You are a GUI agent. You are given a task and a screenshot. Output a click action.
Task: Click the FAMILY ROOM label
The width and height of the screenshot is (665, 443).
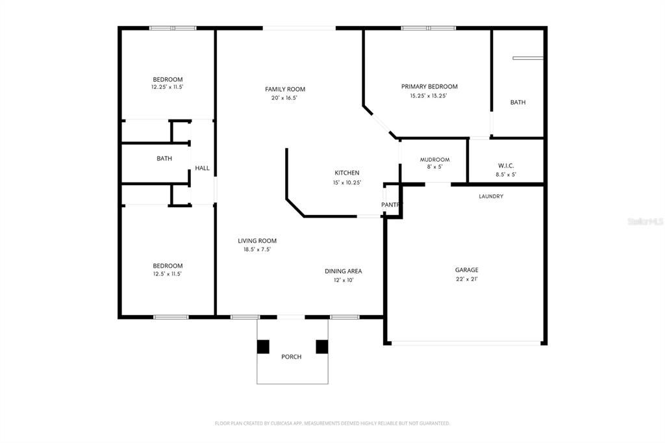tap(284, 89)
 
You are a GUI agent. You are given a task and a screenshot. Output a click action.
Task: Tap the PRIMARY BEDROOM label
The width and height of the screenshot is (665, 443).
tap(429, 86)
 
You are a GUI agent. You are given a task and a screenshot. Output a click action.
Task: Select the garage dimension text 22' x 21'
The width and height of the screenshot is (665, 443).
tap(466, 279)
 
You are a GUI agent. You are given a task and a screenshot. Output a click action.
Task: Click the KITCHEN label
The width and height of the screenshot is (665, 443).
tap(347, 173)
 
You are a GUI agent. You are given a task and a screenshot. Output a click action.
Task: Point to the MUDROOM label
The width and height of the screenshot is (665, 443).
tap(434, 160)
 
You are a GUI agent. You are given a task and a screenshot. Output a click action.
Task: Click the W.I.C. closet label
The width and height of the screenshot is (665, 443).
tap(506, 165)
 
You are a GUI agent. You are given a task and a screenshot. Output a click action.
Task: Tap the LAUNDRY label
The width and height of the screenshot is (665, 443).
tap(491, 196)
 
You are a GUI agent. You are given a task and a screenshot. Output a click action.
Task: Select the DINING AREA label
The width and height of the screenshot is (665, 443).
tap(343, 271)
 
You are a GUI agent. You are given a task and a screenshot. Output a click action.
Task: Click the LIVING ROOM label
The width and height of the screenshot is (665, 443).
tap(257, 240)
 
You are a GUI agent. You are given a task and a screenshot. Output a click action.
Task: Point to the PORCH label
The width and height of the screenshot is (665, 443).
tap(291, 357)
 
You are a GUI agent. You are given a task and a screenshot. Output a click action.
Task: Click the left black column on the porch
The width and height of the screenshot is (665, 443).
tap(263, 347)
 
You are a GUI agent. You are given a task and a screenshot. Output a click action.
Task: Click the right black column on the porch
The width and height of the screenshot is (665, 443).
tap(321, 347)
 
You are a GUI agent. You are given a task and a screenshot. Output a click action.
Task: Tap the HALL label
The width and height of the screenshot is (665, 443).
tap(203, 168)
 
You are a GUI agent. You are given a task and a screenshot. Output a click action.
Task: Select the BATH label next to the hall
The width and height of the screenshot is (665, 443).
tap(164, 158)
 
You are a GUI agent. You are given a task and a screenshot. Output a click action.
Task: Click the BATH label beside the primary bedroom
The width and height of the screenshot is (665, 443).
tap(518, 102)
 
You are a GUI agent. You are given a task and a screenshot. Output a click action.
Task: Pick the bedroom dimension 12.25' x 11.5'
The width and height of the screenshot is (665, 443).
tap(168, 87)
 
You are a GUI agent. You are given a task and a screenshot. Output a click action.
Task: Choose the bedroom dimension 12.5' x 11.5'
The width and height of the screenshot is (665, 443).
tap(167, 274)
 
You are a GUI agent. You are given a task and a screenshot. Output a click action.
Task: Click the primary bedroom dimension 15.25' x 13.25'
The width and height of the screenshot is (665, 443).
tap(429, 95)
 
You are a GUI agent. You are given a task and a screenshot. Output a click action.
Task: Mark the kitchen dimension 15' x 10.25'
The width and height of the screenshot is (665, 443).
tap(347, 183)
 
